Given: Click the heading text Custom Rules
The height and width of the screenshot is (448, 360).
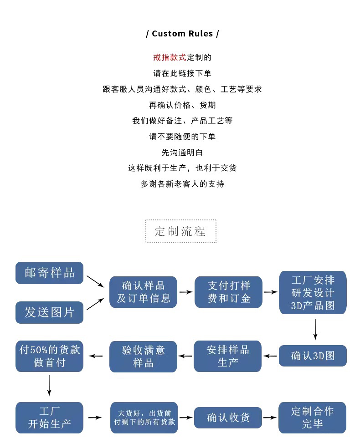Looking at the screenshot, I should point(182,34).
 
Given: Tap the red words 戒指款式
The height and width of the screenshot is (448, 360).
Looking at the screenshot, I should point(170,57).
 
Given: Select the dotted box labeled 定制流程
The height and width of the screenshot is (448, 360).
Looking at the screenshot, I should point(180,231).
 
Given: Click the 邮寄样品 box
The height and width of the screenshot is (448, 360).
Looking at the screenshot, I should point(49,273).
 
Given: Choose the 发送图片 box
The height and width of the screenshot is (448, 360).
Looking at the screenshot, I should point(49,312).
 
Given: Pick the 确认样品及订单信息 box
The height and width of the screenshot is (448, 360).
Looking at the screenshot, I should point(143,292).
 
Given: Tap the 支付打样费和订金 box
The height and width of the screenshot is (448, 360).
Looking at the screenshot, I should point(228,292).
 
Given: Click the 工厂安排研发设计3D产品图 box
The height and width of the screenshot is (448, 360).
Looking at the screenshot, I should point(313,292).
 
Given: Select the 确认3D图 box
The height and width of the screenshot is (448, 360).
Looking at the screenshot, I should point(313,356).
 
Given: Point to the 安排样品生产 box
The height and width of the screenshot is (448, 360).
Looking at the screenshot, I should point(228,356).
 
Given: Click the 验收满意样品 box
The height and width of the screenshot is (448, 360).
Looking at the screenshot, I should point(143,356).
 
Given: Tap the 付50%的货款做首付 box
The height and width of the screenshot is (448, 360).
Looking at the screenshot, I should point(49,356).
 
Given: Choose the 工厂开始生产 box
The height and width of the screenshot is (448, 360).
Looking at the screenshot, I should point(49,417).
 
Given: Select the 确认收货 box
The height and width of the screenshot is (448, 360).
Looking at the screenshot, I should point(228,417).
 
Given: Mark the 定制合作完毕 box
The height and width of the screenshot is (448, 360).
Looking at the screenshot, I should point(313,417).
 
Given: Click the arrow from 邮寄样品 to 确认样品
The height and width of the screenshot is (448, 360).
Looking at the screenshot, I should point(96,281).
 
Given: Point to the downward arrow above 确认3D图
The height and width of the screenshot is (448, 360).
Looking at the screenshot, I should point(315,329).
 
